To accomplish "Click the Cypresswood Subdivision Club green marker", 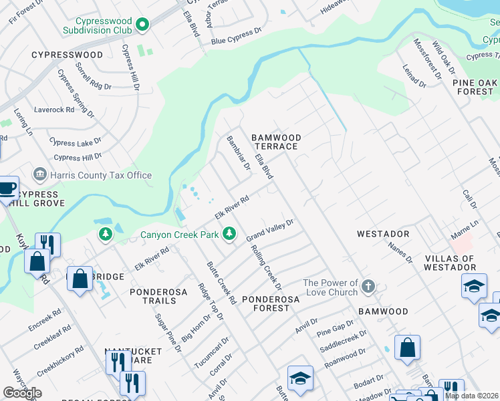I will click(142, 25).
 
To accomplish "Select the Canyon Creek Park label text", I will click(179, 235).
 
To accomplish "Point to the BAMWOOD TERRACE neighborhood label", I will click(276, 142).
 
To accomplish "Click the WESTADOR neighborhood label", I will click(382, 234).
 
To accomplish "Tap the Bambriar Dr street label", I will click(237, 153).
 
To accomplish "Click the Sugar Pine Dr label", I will click(168, 332).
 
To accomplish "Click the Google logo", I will click(22, 393).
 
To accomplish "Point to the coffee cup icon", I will click(7, 188).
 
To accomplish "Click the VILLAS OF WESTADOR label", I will click(449, 263).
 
